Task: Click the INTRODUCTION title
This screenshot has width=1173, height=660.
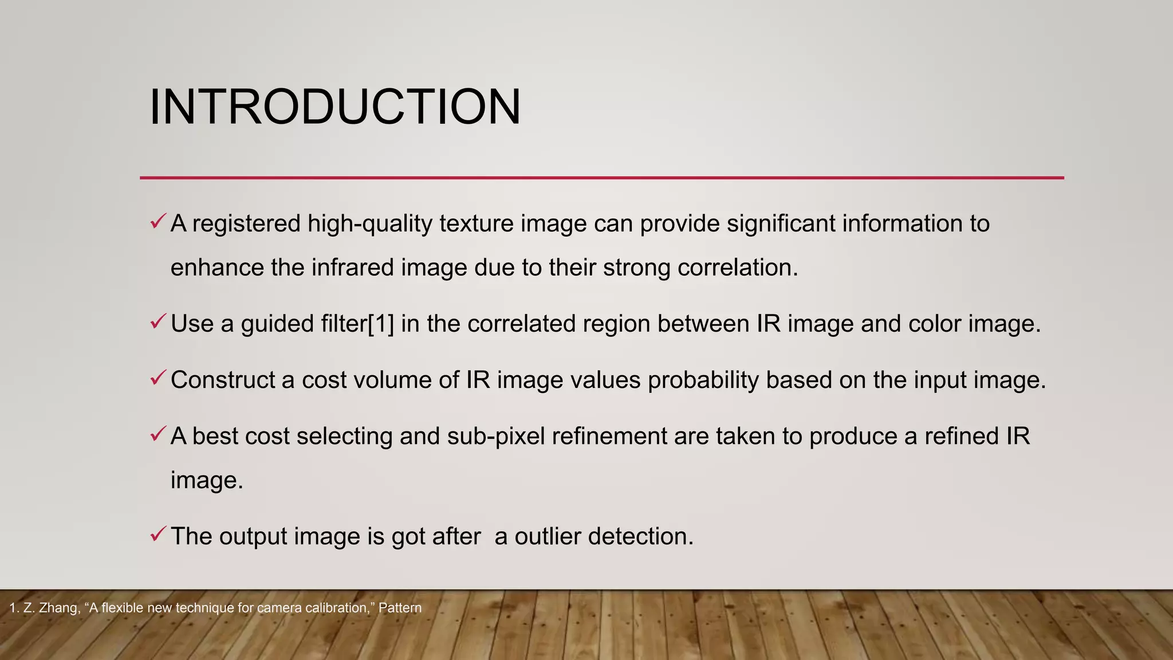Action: tap(335, 107)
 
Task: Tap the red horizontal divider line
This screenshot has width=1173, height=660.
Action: tap(601, 178)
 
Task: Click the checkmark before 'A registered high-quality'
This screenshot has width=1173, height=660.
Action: tap(158, 221)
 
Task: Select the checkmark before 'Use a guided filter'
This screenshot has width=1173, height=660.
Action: tap(158, 321)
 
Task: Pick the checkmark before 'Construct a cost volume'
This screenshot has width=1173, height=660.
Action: tap(158, 378)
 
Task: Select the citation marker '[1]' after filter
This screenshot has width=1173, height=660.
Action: tap(381, 324)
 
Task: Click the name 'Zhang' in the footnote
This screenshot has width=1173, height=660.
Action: tap(60, 608)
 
